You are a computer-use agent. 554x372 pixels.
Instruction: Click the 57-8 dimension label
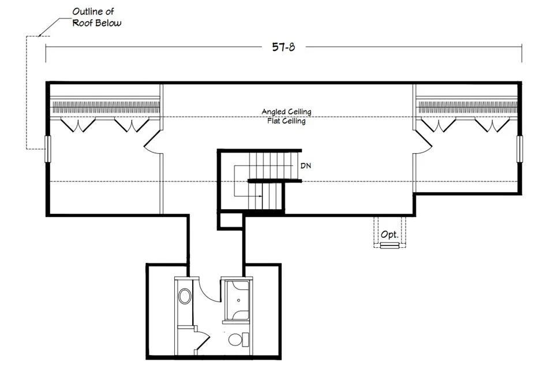(283, 47)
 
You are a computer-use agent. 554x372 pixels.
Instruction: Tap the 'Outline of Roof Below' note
(96, 17)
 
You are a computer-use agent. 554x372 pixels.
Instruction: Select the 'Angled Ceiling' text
(287, 111)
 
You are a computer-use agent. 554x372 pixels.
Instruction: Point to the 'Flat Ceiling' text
(287, 121)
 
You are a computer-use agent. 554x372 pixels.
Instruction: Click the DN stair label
(306, 165)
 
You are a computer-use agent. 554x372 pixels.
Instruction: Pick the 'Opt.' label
(390, 235)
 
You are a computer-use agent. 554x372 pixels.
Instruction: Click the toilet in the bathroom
(238, 340)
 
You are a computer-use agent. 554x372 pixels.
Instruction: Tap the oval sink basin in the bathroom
(185, 296)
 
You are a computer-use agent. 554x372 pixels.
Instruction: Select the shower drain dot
(239, 300)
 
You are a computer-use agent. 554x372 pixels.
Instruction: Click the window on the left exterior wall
(48, 149)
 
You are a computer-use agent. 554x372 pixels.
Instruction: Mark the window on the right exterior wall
(519, 149)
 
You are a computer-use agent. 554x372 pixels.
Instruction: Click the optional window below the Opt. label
(390, 245)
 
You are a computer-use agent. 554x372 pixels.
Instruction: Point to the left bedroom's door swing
(152, 142)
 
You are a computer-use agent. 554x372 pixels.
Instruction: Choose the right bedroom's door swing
(423, 142)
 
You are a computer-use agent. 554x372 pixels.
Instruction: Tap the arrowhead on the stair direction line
(260, 196)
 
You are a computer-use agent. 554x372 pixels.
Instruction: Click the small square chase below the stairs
(230, 221)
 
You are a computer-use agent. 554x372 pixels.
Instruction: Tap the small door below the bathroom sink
(201, 340)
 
